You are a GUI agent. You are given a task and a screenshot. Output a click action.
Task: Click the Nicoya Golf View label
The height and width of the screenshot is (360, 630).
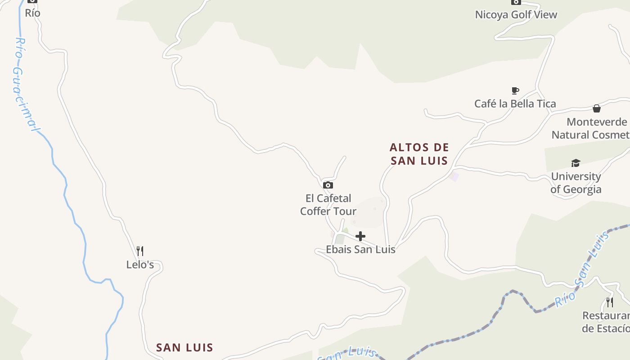pos(516,14)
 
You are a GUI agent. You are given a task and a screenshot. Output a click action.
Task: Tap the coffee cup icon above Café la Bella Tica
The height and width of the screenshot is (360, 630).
pos(515,91)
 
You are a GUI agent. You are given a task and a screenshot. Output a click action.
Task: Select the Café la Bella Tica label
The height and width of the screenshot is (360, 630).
pos(515,103)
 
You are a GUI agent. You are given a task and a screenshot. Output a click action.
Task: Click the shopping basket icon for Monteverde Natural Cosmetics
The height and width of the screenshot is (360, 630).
pos(596,108)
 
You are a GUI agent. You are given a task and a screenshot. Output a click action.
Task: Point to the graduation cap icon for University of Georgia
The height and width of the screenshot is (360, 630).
pos(576,163)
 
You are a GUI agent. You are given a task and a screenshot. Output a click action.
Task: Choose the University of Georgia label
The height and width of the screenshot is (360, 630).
pos(576,183)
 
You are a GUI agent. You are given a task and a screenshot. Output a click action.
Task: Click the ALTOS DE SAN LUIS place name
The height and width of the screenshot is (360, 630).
pos(419,154)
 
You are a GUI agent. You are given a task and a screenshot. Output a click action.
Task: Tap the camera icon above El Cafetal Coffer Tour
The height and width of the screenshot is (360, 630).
pos(328,185)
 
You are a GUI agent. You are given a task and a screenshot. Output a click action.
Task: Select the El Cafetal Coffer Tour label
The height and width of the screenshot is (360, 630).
pos(328,204)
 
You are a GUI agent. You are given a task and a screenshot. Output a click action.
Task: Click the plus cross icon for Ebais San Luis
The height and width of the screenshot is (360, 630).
pos(360,236)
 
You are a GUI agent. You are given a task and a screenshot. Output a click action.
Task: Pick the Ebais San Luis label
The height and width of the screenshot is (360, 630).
pos(360,249)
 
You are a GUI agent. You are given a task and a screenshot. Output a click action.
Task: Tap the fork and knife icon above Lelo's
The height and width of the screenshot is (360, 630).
pos(140,251)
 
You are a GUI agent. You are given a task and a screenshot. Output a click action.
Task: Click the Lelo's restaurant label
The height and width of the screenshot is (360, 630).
pos(140,265)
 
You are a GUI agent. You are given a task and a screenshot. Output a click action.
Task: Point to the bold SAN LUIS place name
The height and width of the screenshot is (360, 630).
pos(184,347)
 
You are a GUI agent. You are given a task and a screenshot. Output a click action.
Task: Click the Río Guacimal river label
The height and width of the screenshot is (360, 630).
pos(23,85)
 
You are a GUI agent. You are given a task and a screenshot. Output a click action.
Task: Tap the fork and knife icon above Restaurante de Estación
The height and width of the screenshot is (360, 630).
pos(610,302)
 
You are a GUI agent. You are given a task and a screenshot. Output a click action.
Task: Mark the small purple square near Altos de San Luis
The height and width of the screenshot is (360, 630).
pos(454,176)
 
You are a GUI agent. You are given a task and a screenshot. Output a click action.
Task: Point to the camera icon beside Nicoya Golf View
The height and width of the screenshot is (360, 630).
pos(516,2)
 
